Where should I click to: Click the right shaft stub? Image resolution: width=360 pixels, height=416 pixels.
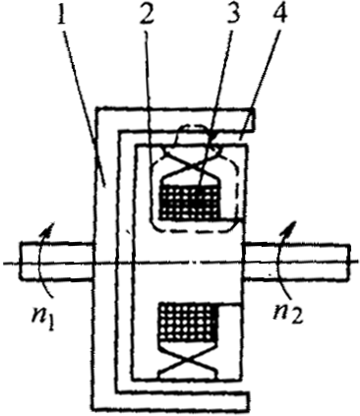(x=300, y=261)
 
